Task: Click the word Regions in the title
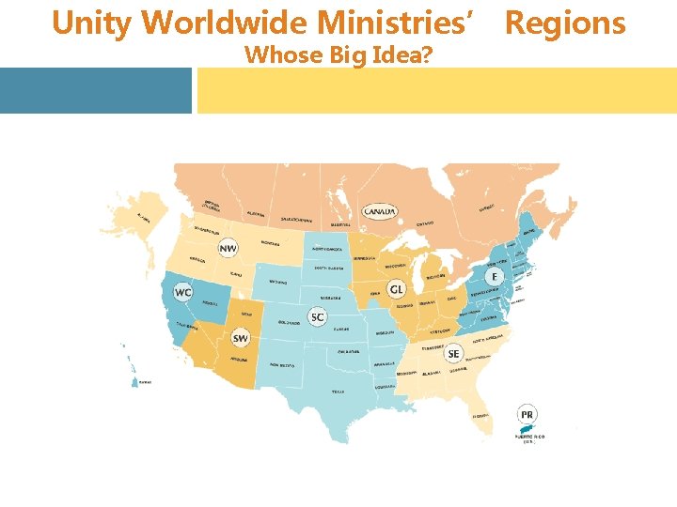coord(565,23)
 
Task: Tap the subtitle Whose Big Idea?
coord(338,55)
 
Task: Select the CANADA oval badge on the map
coord(380,211)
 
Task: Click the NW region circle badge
coord(228,248)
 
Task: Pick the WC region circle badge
coord(183,293)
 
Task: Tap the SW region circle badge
coord(241,338)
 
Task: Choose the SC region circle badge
coord(318,317)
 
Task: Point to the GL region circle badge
coord(396,289)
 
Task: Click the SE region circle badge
coord(454,354)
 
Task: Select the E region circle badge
coord(495,277)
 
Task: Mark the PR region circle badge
coord(527,413)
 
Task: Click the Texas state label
coord(338,392)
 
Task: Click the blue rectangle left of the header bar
coord(95,90)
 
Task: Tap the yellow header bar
coord(436,90)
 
